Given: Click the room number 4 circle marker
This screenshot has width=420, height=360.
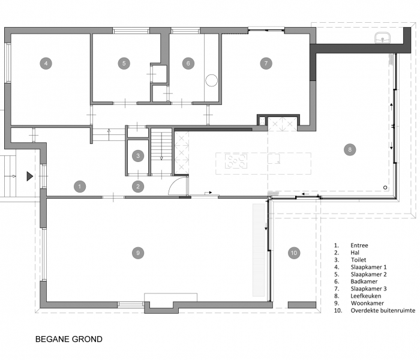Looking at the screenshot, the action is point(46,64).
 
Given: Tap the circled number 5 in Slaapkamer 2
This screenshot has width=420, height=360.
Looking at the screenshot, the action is point(124,64).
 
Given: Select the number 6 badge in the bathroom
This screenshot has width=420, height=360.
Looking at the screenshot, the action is point(188,64).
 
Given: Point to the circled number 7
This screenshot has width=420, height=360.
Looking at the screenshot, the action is point(266,64).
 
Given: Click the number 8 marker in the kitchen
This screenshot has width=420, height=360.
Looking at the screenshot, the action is point(350,149).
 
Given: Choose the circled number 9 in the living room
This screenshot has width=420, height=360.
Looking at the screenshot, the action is point(138,253).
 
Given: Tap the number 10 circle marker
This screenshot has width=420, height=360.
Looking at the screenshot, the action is point(294,253).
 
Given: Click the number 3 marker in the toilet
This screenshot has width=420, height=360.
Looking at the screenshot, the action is point(138,155).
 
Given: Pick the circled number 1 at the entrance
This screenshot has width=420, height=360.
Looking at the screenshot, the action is point(80,187).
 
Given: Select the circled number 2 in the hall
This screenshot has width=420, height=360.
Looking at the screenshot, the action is point(138,187).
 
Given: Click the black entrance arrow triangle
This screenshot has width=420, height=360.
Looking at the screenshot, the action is point(29,176).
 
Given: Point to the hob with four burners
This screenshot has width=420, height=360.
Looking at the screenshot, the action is point(236,161).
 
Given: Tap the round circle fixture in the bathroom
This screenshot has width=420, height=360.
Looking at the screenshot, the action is point(211,80).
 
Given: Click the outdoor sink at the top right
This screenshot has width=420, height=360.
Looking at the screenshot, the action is point(383,38).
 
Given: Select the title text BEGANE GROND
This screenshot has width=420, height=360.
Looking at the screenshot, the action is point(69,339).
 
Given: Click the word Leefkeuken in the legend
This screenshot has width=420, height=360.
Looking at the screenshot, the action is point(365,296).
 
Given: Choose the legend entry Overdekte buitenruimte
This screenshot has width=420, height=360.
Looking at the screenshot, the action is point(383,310).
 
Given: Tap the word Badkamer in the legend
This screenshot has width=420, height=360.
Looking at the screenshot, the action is point(364,281).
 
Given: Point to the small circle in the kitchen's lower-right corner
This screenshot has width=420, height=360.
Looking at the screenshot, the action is point(385,187).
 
